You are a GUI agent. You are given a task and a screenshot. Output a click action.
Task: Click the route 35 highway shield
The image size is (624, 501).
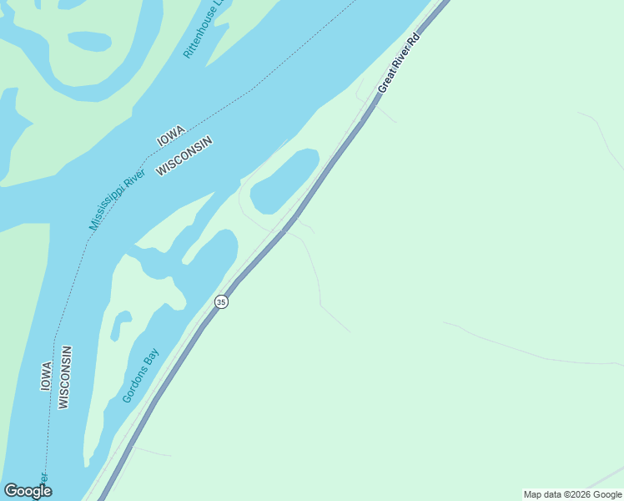click(220, 301)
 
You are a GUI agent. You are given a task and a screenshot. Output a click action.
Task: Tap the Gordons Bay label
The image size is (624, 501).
click(140, 376)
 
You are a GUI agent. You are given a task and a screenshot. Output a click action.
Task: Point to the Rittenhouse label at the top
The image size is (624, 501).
click(204, 29)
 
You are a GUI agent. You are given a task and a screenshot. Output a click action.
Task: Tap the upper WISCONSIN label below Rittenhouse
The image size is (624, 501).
click(185, 155)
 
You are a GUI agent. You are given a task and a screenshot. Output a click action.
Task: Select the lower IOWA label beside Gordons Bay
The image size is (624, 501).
click(47, 376)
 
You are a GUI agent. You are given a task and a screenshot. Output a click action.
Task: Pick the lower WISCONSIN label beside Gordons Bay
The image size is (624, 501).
click(65, 377)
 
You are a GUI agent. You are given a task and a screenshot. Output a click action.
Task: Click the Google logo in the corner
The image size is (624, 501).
click(28, 491)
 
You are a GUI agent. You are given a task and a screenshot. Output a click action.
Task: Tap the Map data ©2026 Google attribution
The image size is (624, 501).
click(572, 494)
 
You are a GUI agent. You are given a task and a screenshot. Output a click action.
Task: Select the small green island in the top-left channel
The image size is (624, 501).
click(89, 40)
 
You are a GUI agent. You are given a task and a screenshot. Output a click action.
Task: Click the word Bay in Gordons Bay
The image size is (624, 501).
click(150, 360)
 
